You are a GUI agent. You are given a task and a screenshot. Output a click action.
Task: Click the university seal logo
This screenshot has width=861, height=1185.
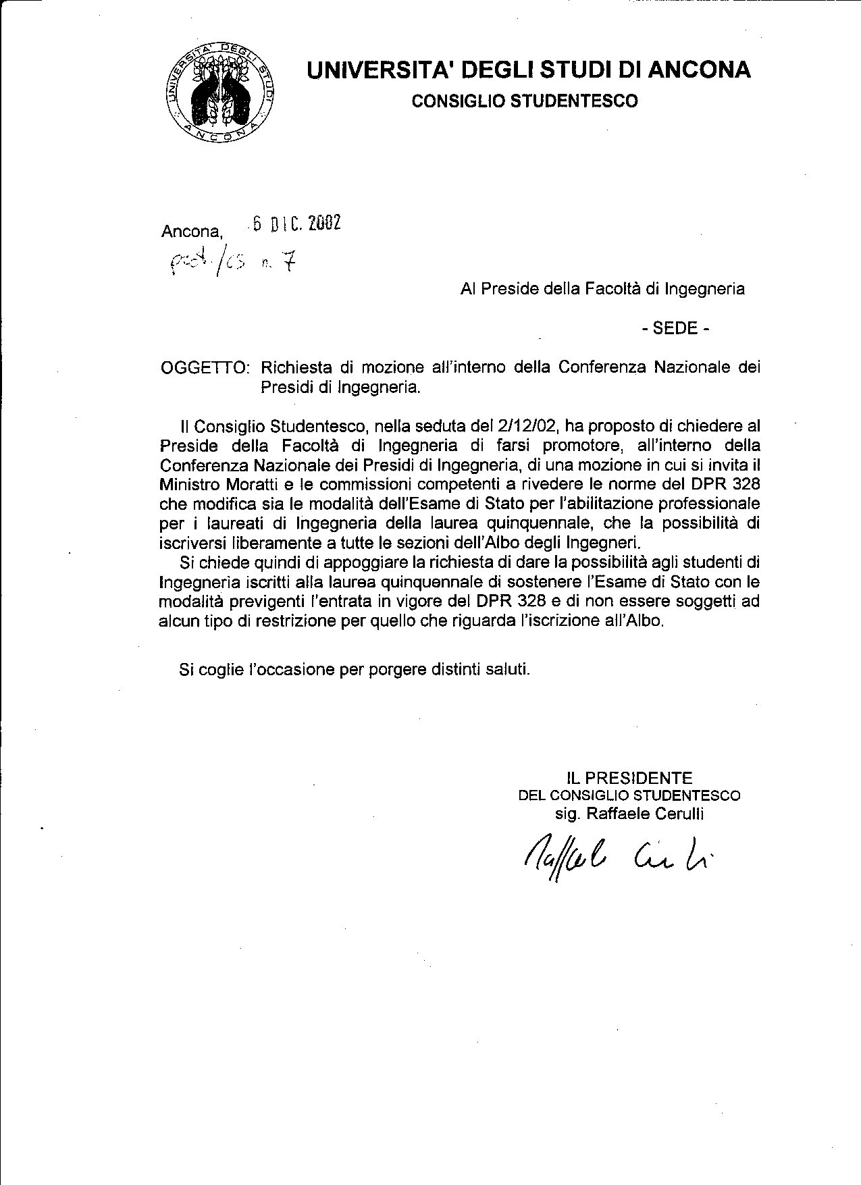(x=221, y=92)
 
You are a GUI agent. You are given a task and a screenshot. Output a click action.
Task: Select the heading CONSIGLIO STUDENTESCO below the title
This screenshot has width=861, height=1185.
(x=525, y=101)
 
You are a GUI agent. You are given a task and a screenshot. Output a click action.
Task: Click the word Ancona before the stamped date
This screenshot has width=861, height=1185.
(x=192, y=232)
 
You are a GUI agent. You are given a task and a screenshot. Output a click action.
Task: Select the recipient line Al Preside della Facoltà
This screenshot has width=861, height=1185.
(x=602, y=289)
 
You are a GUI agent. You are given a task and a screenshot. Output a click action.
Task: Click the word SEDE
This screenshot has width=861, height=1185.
(x=675, y=329)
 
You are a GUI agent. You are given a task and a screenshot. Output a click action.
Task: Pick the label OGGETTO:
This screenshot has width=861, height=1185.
(x=205, y=367)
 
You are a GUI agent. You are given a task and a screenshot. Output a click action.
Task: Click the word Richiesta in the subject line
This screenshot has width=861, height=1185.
(x=296, y=367)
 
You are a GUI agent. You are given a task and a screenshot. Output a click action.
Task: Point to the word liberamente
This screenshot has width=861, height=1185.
(x=274, y=542)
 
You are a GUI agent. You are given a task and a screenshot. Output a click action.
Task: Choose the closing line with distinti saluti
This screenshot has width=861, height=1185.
(x=355, y=669)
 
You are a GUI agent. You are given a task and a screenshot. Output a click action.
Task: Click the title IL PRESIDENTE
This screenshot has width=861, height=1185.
(x=629, y=778)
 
